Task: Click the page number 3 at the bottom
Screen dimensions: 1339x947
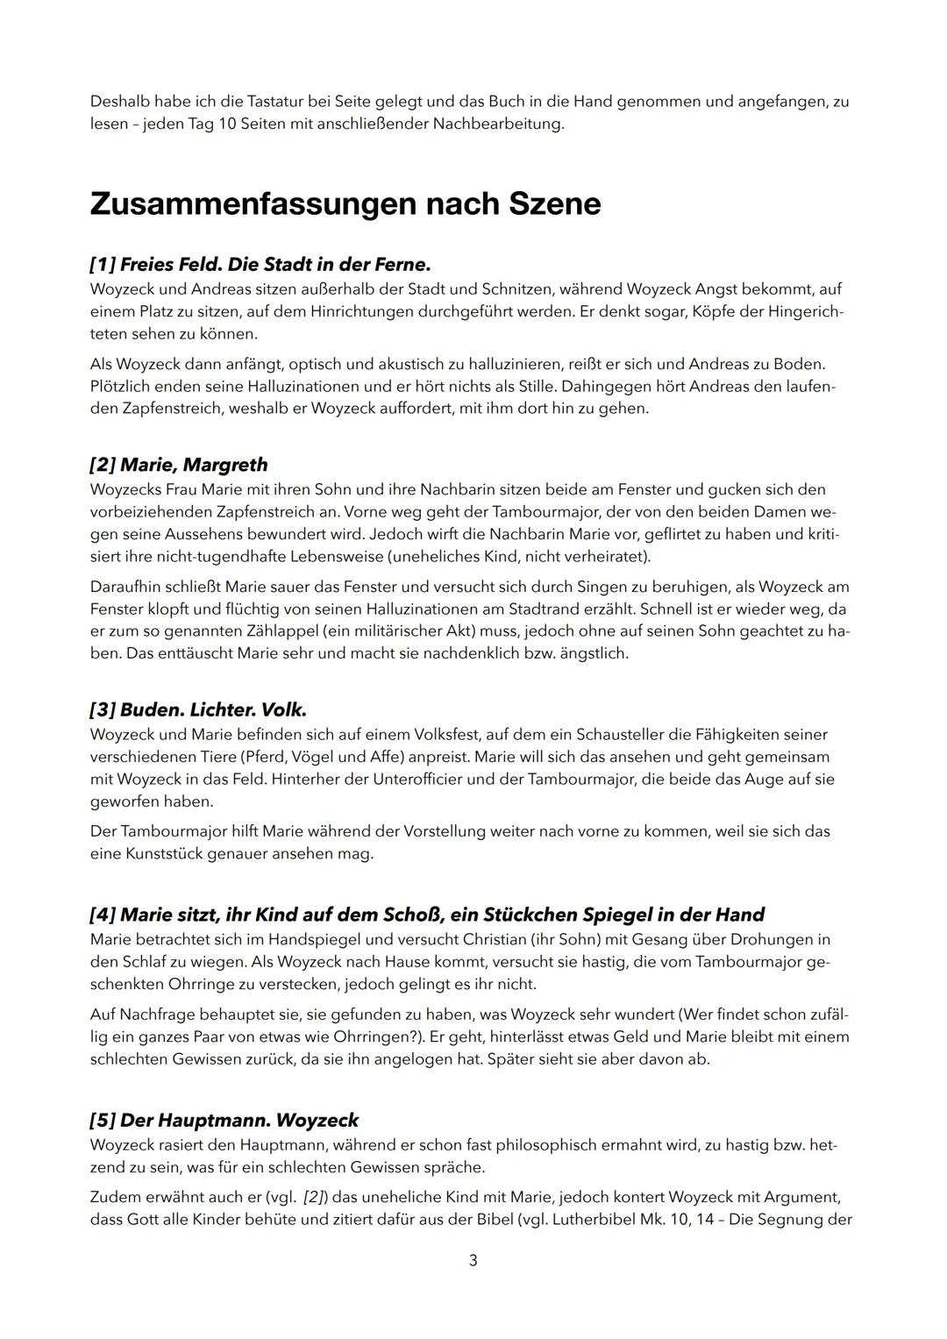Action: click(x=473, y=1260)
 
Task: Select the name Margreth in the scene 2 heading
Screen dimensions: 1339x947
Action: click(x=225, y=465)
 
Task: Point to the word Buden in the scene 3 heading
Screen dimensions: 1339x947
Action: click(x=150, y=709)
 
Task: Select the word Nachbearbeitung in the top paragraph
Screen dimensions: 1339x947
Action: click(x=503, y=124)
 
